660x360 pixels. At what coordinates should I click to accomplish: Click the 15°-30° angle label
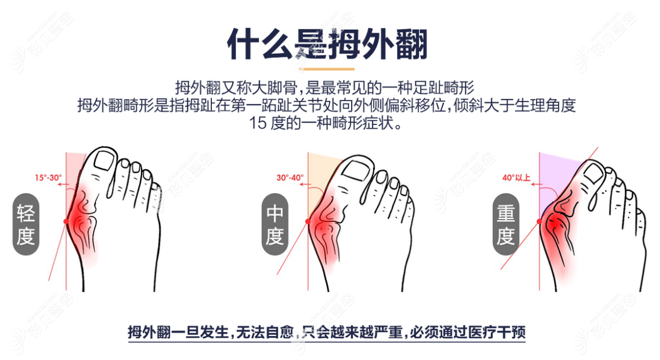tap(48, 177)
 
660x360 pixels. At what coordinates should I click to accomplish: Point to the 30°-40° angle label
tap(290, 177)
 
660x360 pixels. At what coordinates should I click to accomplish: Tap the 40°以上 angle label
tap(516, 177)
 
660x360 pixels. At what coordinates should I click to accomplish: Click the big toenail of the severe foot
tap(593, 173)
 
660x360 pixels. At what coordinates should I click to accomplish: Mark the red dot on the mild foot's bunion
tap(65, 221)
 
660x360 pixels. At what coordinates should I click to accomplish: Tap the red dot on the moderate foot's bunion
tap(308, 221)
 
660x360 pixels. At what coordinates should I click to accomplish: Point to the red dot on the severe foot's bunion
tap(539, 221)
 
